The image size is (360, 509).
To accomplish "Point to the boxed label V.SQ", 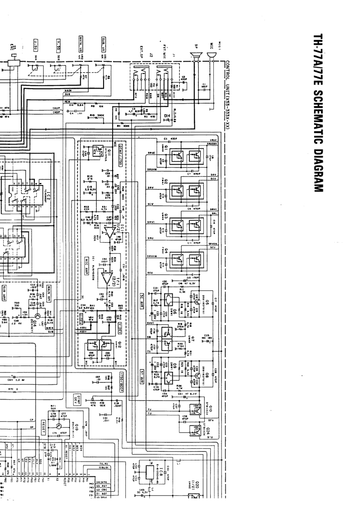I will (x=58, y=44).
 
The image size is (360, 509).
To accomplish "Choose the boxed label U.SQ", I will (x=35, y=44).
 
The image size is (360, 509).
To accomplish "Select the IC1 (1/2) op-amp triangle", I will (x=108, y=232).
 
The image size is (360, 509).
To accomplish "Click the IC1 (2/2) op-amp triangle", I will (x=108, y=278).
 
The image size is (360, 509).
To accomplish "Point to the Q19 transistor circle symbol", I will (x=58, y=426).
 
